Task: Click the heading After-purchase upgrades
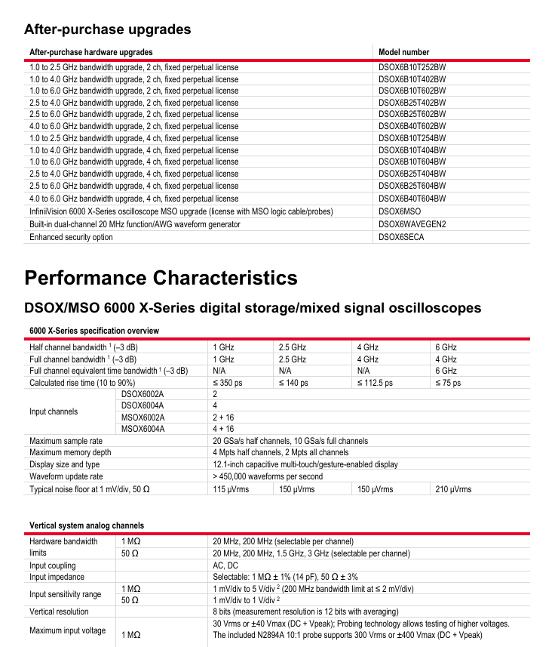point(108,29)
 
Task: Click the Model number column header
point(404,52)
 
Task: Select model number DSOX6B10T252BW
point(412,67)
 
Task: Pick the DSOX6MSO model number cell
point(400,211)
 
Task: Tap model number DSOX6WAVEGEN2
point(412,224)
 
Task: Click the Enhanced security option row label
point(71,237)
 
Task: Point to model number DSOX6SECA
point(402,237)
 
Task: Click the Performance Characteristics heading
point(161,277)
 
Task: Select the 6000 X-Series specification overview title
point(94,331)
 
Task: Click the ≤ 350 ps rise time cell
point(228,383)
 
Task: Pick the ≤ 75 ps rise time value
point(448,383)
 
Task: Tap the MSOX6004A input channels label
point(143,430)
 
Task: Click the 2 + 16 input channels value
point(223,417)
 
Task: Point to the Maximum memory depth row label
point(70,453)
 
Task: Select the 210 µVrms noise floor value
point(453,489)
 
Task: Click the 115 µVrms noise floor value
point(231,489)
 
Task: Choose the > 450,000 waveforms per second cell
point(268,476)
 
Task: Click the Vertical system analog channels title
point(87,525)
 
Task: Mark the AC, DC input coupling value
point(225,565)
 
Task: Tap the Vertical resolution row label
point(59,612)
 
